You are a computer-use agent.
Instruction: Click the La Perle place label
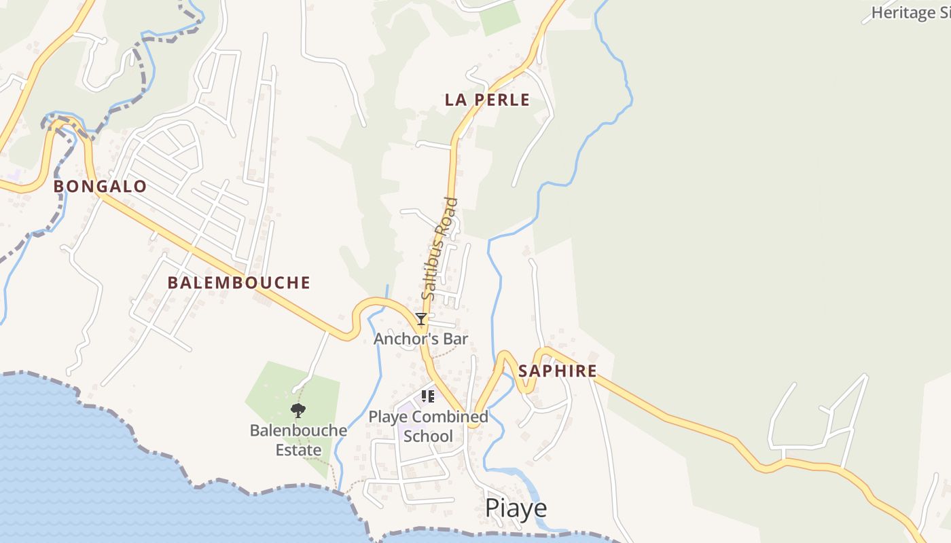[x=487, y=100]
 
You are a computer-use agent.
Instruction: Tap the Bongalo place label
[x=100, y=187]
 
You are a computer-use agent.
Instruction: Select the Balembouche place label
[x=238, y=283]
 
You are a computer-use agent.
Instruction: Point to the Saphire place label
[x=557, y=371]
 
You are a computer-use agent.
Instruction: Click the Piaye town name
[x=516, y=508]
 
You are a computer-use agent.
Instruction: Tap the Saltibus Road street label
[x=438, y=248]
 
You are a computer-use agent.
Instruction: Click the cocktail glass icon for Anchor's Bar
[x=421, y=319]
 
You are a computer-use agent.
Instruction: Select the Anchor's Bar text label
[x=421, y=338]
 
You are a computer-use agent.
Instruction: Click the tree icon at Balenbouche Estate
[x=298, y=410]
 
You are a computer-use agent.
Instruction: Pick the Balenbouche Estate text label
[x=298, y=440]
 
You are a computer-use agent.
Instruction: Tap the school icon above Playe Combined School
[x=428, y=396]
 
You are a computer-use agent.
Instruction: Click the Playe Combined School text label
[x=428, y=426]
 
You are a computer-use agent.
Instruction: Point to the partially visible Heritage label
[x=910, y=12]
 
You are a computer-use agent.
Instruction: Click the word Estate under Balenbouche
[x=298, y=450]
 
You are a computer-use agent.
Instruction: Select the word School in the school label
[x=428, y=436]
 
